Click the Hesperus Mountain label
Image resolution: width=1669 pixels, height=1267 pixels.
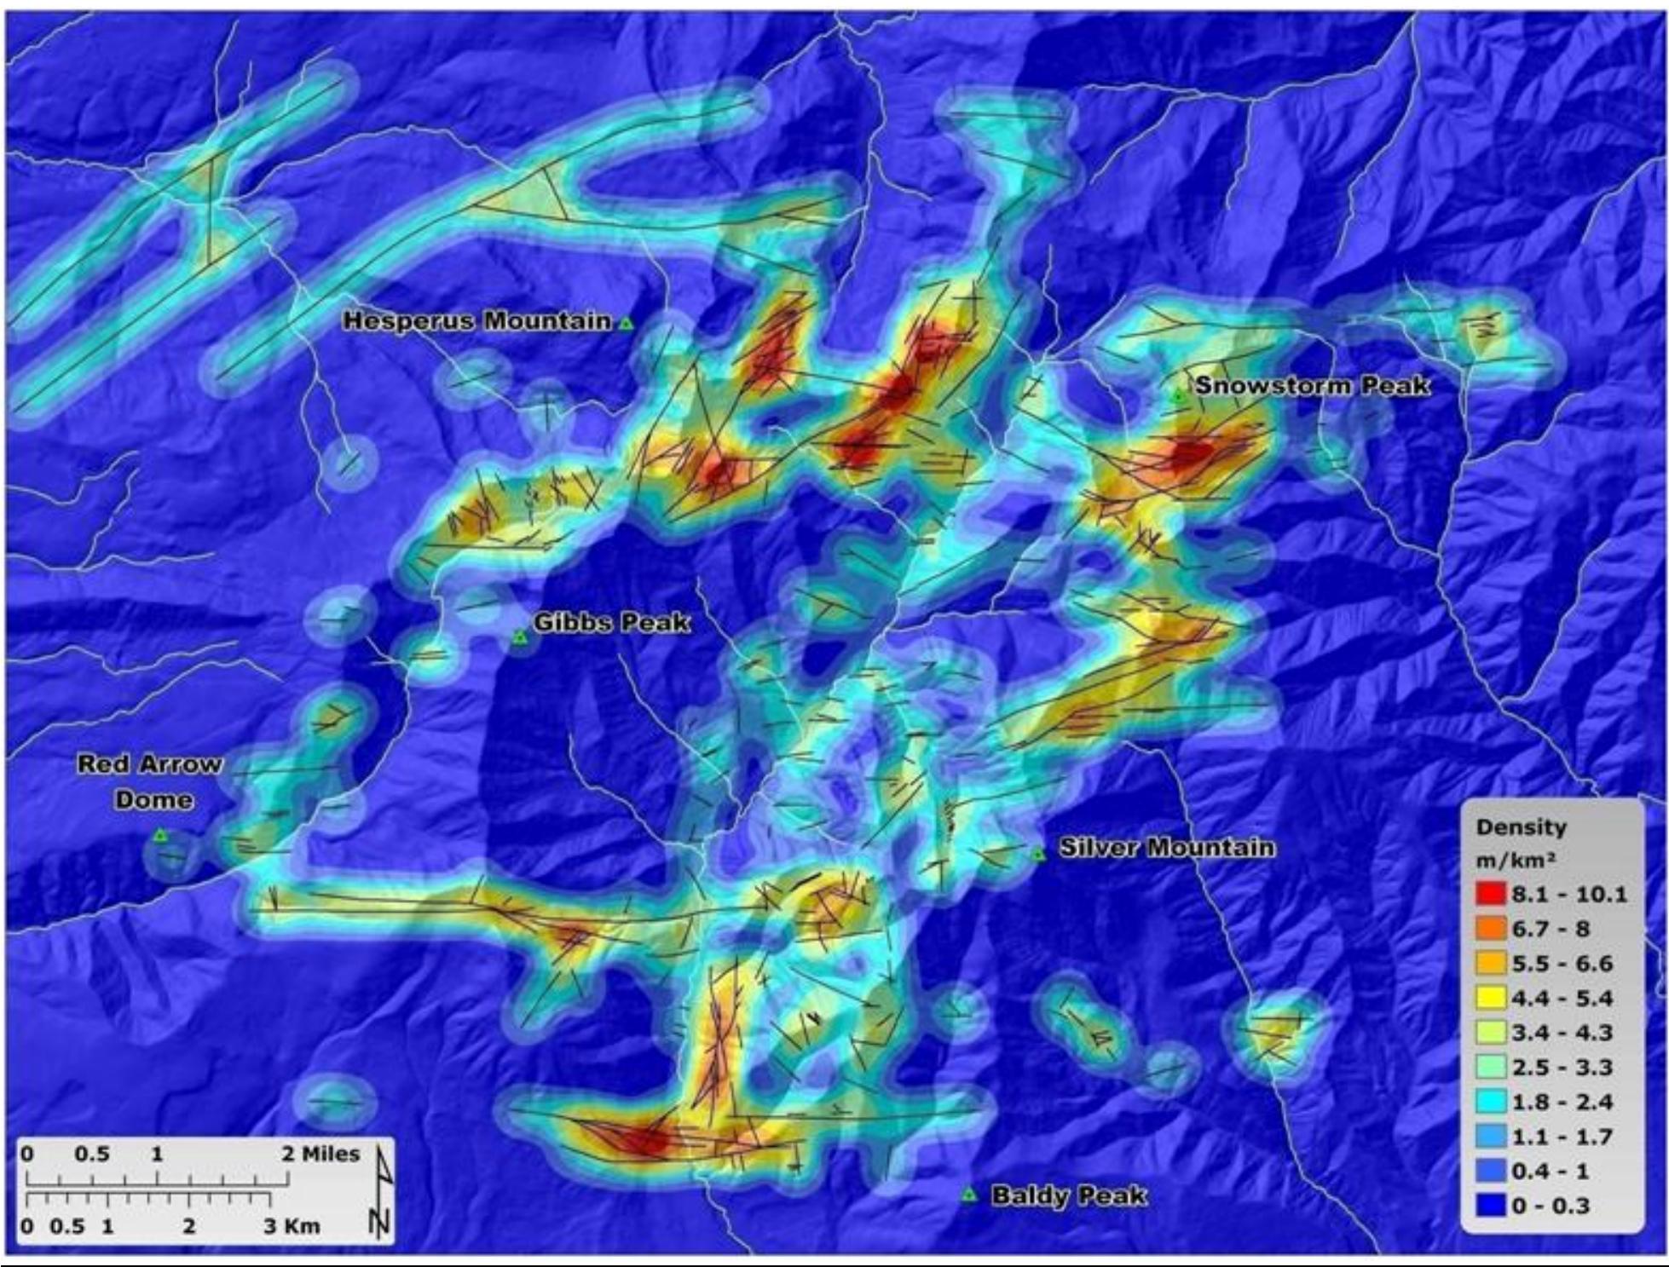click(x=476, y=321)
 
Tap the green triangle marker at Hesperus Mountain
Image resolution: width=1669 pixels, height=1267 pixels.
click(x=627, y=323)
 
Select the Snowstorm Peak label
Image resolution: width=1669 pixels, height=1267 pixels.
click(x=1312, y=385)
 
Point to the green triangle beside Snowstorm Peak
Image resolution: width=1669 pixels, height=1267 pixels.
click(x=1179, y=394)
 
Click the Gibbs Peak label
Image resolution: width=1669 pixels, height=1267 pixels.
click(x=611, y=623)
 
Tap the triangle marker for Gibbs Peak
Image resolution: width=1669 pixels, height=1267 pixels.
click(x=518, y=636)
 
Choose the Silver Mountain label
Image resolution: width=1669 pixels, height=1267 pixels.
click(x=1167, y=848)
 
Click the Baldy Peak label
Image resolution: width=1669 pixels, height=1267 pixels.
click(x=1069, y=1195)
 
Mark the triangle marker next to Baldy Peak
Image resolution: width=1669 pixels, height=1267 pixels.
click(x=968, y=1195)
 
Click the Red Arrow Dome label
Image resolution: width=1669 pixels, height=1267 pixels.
click(x=150, y=781)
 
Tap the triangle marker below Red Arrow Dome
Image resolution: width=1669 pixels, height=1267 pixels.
click(x=159, y=836)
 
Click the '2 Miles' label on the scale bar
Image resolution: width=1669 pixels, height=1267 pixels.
click(x=321, y=1155)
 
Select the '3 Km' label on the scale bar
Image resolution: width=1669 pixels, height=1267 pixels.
click(x=291, y=1226)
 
